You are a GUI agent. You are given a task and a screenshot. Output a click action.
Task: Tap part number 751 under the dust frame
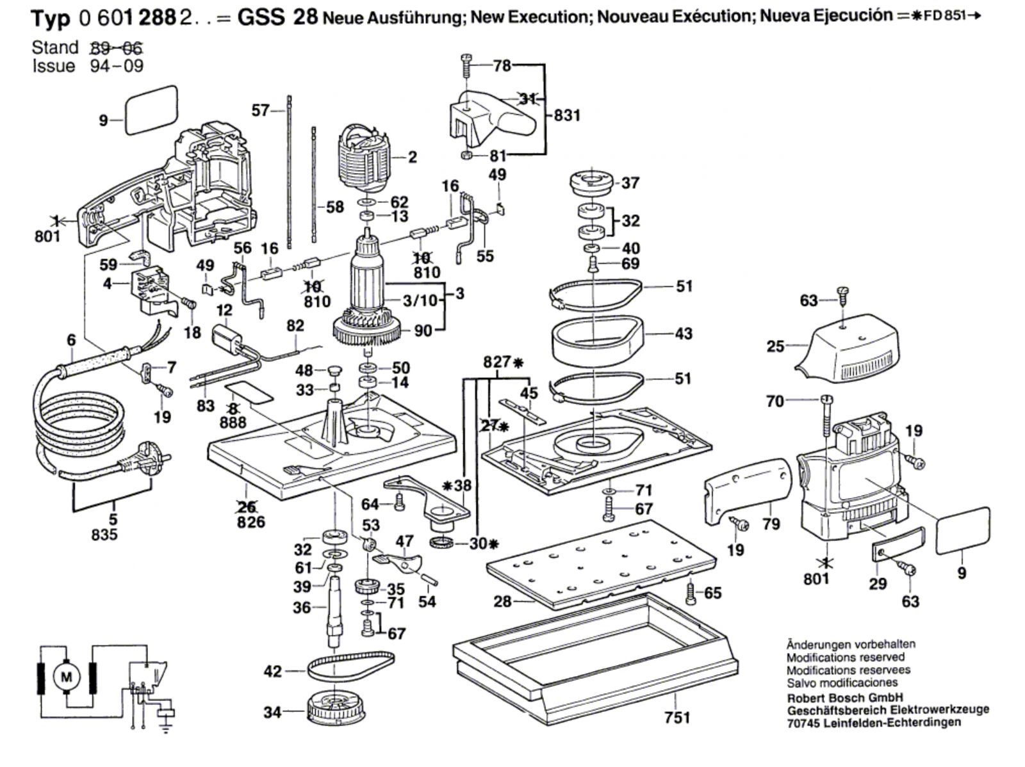[677, 718]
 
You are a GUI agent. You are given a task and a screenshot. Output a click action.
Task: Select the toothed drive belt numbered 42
[350, 668]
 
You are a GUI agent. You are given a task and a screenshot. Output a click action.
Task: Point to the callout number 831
[567, 115]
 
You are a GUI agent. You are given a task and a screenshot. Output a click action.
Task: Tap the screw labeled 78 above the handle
[466, 65]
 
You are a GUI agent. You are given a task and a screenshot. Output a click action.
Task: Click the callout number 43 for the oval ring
[684, 334]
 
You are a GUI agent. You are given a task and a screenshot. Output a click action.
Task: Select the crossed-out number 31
[527, 99]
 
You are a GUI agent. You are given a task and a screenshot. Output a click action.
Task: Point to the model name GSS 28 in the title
[277, 17]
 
